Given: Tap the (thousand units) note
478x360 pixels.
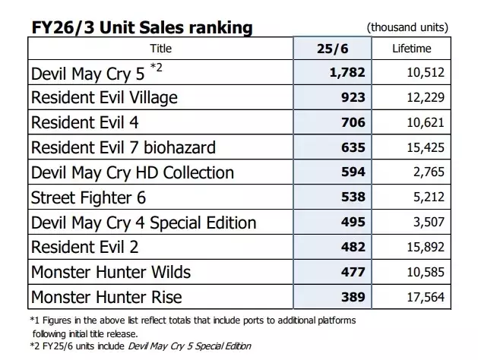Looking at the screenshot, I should pos(407,28).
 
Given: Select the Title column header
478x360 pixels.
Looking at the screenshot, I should pos(160,49).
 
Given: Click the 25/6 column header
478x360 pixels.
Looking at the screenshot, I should pos(332,49).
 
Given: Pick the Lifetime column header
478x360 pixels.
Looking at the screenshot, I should pos(411,49).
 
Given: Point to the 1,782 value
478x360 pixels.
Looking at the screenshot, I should pos(345,73).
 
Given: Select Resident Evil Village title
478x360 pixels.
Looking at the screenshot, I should pos(104,98).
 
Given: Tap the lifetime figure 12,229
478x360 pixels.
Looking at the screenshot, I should pos(425,98).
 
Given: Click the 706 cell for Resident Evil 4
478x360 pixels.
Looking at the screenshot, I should pos(353,122).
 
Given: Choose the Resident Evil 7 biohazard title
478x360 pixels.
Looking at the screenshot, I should pos(123,147).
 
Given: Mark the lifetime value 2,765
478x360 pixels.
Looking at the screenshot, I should pos(429,172).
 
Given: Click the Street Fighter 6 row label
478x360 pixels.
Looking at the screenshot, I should pos(88,197).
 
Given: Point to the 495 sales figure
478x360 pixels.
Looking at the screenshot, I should pos(353,223).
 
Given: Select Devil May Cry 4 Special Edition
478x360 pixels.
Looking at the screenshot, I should pos(144,223).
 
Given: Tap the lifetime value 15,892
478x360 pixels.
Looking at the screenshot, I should pos(425,248).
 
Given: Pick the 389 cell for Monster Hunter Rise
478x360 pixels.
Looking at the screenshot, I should pos(353,297).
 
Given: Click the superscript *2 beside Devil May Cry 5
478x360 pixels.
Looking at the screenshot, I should pos(156,68).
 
